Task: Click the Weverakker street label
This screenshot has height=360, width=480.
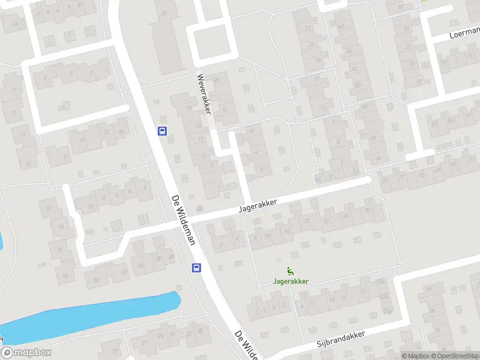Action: point(205,94)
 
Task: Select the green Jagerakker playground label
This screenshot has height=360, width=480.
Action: point(290,281)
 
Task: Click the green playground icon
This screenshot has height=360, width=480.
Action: point(290,270)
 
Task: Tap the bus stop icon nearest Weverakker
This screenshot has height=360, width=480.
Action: point(162,131)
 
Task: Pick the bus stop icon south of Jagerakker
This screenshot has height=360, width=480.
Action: point(196,268)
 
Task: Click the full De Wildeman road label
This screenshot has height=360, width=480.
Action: point(184,220)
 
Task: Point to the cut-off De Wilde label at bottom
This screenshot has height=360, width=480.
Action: point(246,345)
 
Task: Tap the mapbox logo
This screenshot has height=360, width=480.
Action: point(25,353)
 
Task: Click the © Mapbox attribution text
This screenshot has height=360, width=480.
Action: point(416,356)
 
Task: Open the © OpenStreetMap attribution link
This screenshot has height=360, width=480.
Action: point(454,356)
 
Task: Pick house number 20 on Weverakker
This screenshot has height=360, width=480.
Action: point(217,79)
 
